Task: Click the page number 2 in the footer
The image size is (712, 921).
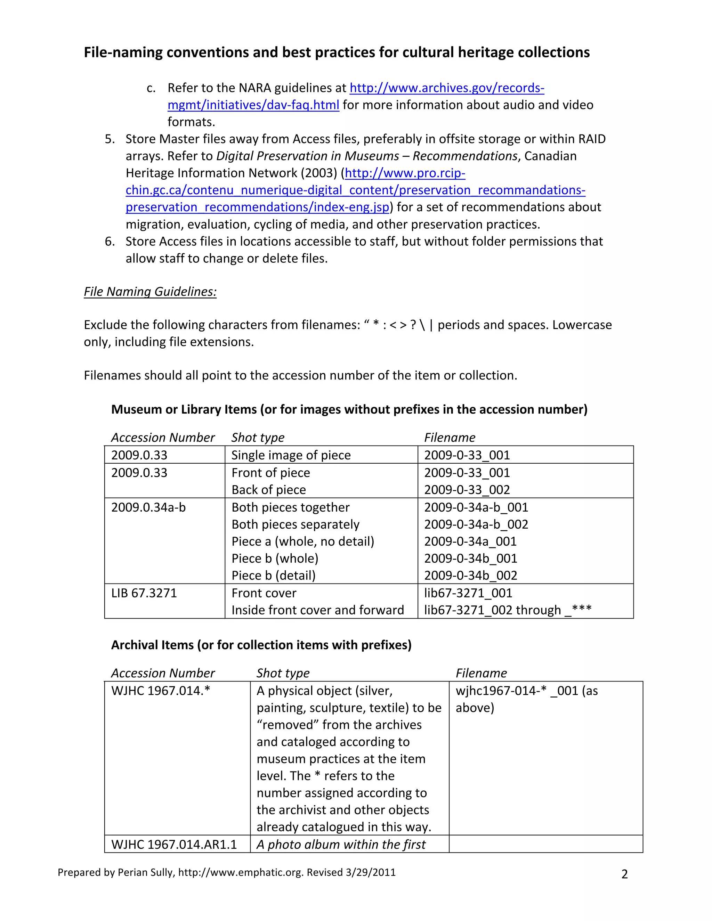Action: coord(624,874)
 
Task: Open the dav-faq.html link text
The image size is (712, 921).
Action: coord(253,105)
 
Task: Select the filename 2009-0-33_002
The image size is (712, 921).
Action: coord(467,490)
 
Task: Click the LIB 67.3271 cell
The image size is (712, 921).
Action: coord(144,593)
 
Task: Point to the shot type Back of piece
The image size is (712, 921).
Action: coord(268,490)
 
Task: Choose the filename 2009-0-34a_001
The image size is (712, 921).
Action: coord(470,541)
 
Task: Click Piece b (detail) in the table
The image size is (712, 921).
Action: coord(273,575)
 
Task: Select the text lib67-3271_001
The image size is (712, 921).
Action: coord(468,593)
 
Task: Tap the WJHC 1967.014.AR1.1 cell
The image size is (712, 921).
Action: coord(174,844)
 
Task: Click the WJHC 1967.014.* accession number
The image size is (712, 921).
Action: coord(160,691)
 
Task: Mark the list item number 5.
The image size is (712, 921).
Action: coord(110,139)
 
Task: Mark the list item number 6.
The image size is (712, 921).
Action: coord(110,241)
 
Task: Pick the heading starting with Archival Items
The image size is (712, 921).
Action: coord(261,645)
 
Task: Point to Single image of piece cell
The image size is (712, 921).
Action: coord(291,455)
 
